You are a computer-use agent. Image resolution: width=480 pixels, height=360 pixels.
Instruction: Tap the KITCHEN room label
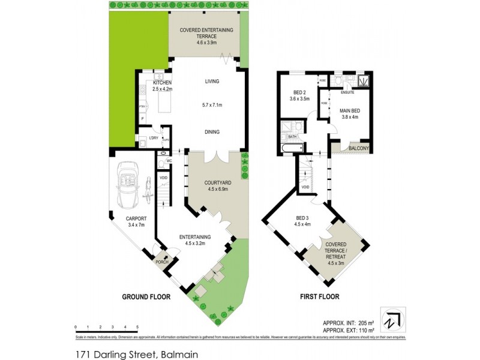(x=162, y=82)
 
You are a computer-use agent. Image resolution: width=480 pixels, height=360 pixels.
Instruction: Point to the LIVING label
(x=212, y=81)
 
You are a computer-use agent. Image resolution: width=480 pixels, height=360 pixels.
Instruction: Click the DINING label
(x=211, y=132)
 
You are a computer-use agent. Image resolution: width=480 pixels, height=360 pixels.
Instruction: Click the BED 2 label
(x=298, y=92)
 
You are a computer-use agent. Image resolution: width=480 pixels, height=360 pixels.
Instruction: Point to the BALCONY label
(x=358, y=148)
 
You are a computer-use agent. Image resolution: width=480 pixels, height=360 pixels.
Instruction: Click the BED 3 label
(x=303, y=218)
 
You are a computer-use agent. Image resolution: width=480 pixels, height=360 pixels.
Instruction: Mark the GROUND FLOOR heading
(x=146, y=297)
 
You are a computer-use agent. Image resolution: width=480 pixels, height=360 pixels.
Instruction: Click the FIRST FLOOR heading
(x=319, y=297)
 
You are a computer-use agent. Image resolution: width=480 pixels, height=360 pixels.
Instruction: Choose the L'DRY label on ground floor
(x=154, y=139)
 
